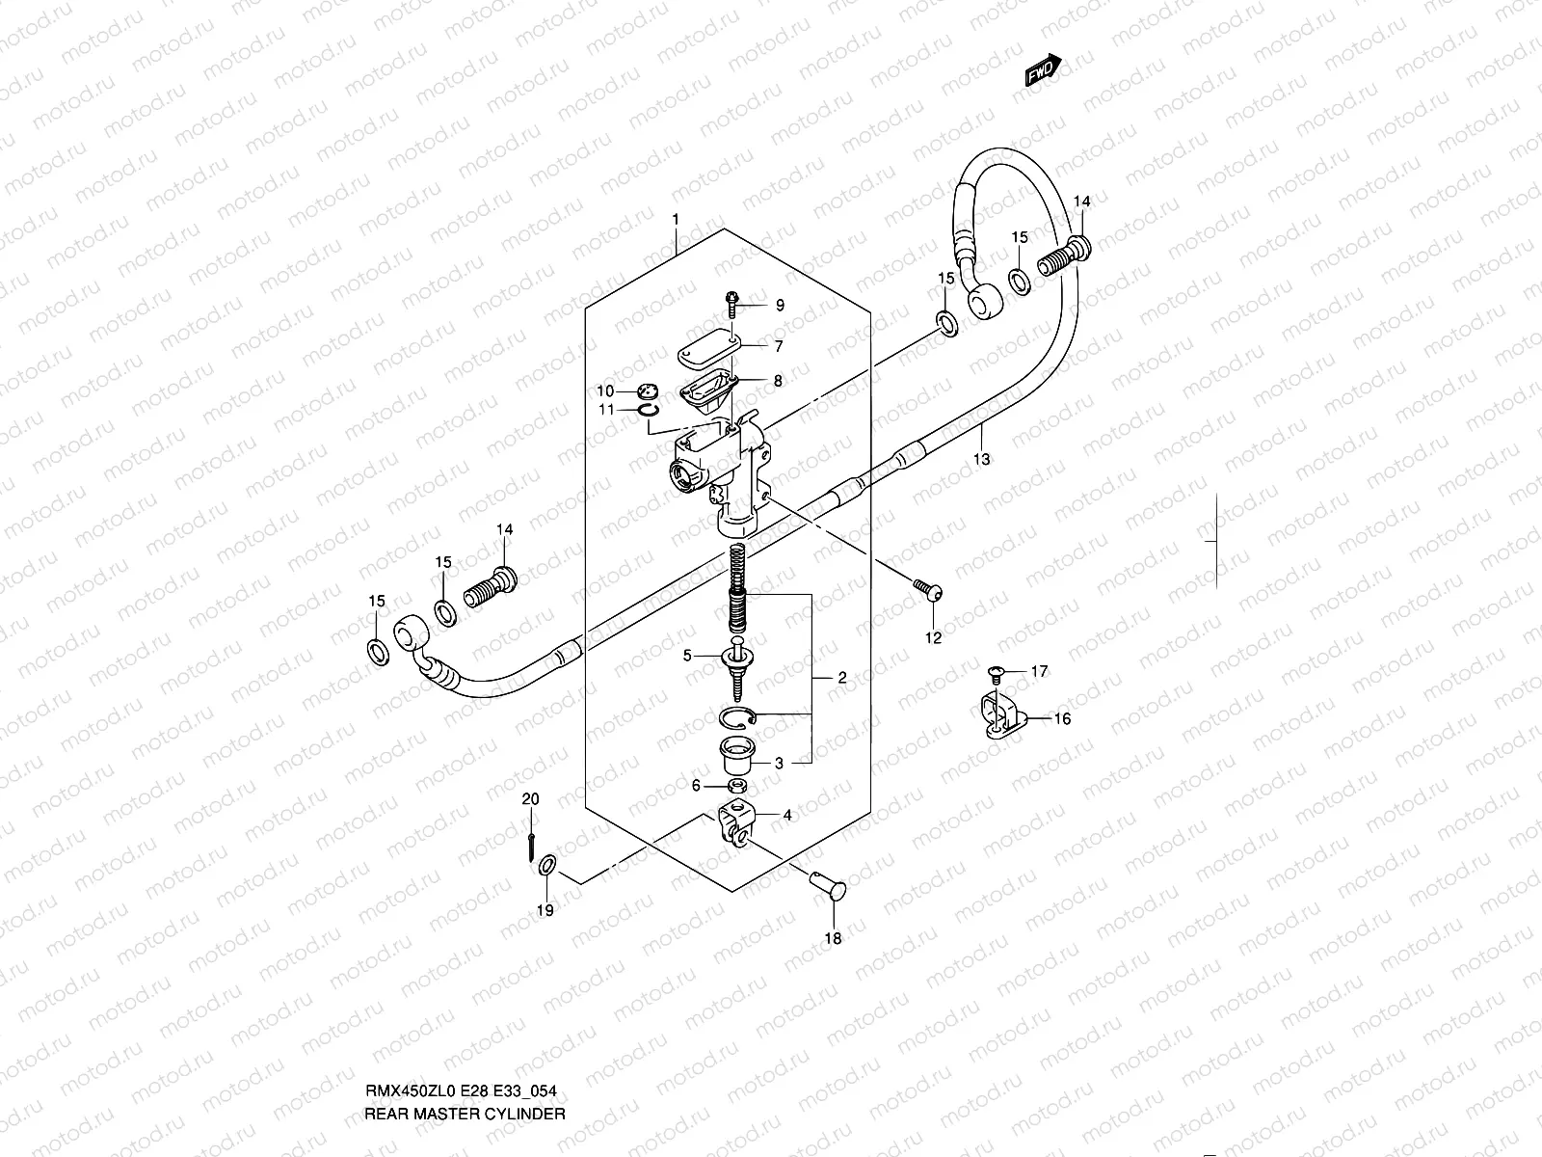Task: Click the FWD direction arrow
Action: pyautogui.click(x=1043, y=70)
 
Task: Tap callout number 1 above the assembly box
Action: pyautogui.click(x=676, y=220)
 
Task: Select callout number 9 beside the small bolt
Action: pyautogui.click(x=780, y=306)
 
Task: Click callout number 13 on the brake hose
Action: pyautogui.click(x=981, y=460)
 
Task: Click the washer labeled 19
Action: pyautogui.click(x=546, y=866)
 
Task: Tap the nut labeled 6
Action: pyautogui.click(x=735, y=788)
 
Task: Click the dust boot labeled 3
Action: pyautogui.click(x=737, y=755)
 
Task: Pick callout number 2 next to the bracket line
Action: pyautogui.click(x=841, y=679)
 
